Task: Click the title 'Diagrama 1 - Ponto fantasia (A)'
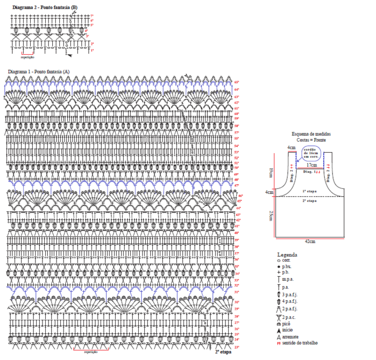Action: (x=39, y=71)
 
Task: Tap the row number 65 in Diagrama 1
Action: (x=236, y=82)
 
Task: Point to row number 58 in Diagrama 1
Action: (x=236, y=126)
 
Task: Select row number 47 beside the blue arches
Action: (x=236, y=185)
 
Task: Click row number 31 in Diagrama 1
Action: (x=236, y=292)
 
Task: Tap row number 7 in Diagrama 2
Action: (x=92, y=17)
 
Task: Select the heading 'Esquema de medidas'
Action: (x=311, y=133)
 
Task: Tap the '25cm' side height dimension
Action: (x=272, y=215)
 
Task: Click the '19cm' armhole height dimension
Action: (x=271, y=172)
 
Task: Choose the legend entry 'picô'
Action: (x=287, y=325)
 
